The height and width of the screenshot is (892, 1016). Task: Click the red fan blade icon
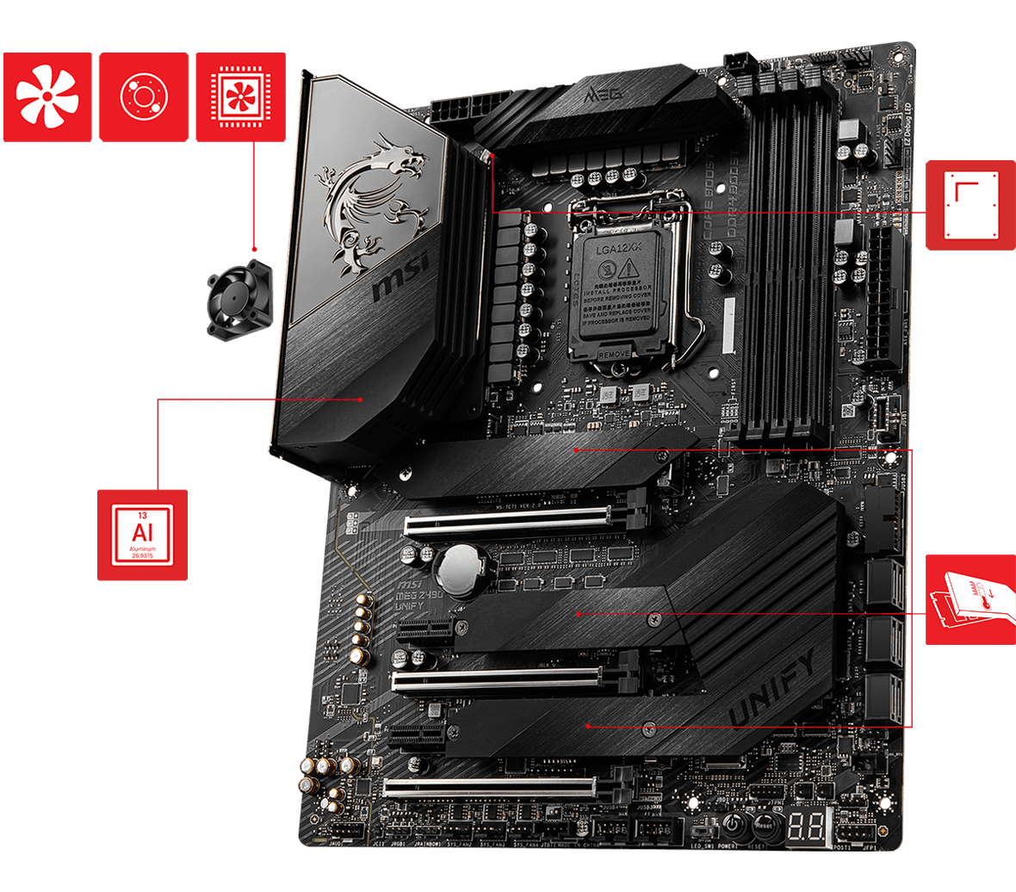click(x=47, y=96)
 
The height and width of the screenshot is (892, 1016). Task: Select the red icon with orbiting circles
click(x=143, y=96)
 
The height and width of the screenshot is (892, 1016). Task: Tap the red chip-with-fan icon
click(x=240, y=96)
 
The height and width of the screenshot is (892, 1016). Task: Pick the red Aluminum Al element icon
click(x=142, y=535)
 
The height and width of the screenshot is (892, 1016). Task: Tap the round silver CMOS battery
click(x=461, y=569)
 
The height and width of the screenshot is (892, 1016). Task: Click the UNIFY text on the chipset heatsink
click(x=772, y=690)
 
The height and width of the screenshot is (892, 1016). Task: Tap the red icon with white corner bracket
click(x=970, y=205)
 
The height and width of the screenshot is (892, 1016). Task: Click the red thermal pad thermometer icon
click(x=970, y=599)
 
